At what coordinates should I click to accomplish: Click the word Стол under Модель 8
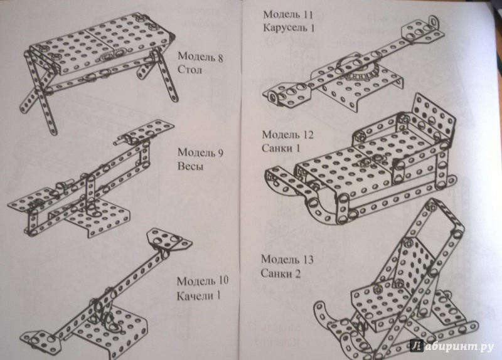pos(190,70)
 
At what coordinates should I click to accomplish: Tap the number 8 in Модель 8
pos(220,58)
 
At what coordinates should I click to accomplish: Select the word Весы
pos(190,166)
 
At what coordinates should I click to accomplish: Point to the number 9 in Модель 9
pos(220,152)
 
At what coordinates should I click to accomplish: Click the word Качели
pos(195,295)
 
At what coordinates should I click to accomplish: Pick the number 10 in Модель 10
pos(223,280)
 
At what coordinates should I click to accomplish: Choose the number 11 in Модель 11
pos(307,14)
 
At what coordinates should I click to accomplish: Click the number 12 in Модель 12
pos(308,135)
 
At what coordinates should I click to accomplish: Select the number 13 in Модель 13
pos(307,259)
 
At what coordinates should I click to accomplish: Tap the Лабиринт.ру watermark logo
pos(452,346)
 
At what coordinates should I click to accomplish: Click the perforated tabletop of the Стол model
pos(102,41)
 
